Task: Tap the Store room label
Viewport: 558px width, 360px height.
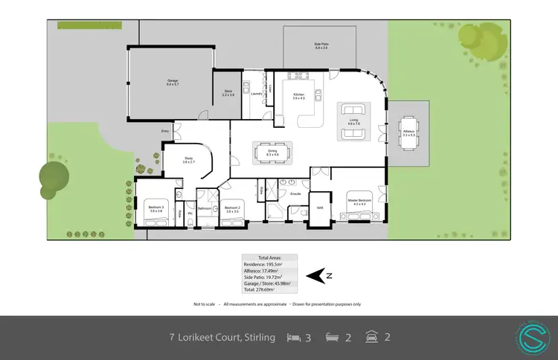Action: pos(228,93)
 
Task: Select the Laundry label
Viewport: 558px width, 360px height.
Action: pos(255,94)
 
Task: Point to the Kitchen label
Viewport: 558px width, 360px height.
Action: pos(299,96)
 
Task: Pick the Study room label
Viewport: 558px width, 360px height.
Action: pos(188,160)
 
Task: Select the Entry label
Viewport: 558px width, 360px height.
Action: pos(165,132)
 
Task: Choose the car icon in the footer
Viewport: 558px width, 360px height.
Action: pos(370,337)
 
